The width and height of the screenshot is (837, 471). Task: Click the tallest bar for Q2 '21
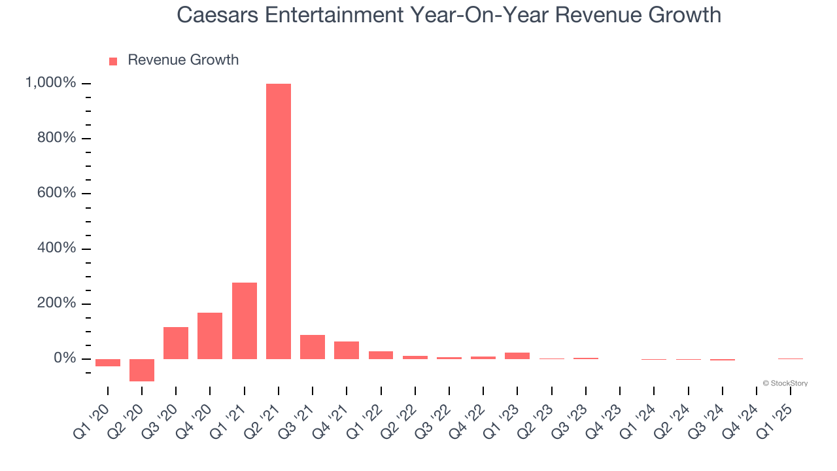pyautogui.click(x=279, y=221)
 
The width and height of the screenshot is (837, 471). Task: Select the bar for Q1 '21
pyautogui.click(x=244, y=321)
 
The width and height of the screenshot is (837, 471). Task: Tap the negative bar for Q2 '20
pyautogui.click(x=142, y=370)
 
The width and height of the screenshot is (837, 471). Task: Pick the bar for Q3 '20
pyautogui.click(x=176, y=343)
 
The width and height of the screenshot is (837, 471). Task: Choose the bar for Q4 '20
pyautogui.click(x=210, y=336)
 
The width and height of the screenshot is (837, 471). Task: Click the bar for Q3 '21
pyautogui.click(x=313, y=347)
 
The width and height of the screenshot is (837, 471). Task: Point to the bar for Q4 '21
pyautogui.click(x=347, y=350)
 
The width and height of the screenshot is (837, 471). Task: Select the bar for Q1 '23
pyautogui.click(x=517, y=355)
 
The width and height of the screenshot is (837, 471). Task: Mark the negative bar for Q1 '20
pyautogui.click(x=108, y=362)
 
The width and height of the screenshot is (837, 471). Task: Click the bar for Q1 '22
pyautogui.click(x=381, y=355)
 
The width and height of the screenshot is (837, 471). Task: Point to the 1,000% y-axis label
pyautogui.click(x=50, y=83)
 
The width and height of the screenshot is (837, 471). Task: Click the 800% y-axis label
pyautogui.click(x=58, y=138)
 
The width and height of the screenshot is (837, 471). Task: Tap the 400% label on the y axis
pyautogui.click(x=58, y=249)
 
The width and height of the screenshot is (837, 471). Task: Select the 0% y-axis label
pyautogui.click(x=65, y=358)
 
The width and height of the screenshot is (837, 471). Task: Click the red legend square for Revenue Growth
pyautogui.click(x=113, y=61)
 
